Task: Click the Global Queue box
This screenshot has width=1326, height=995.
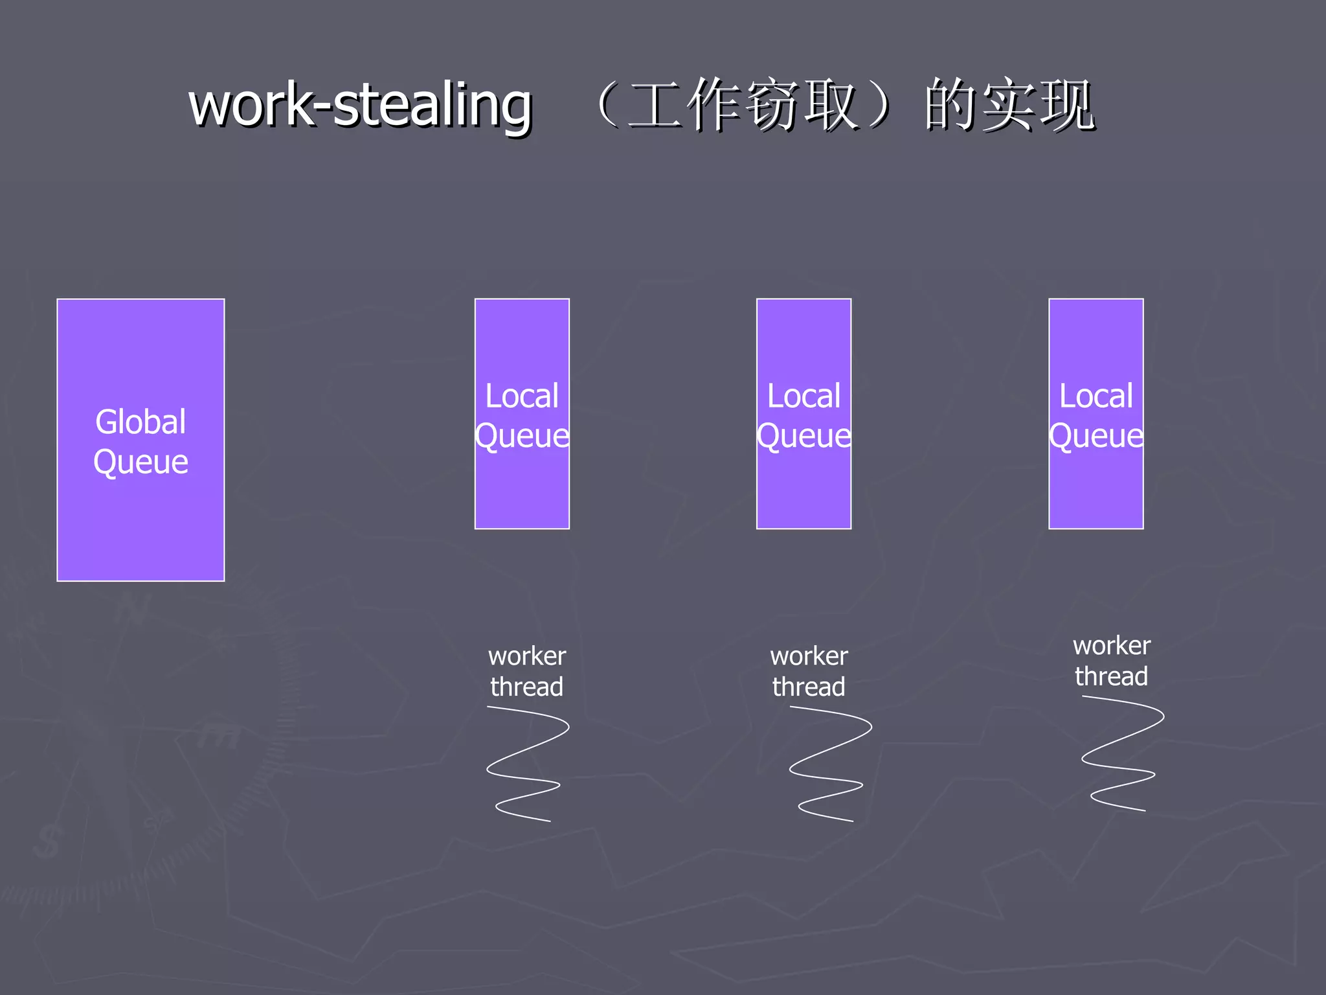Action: tap(140, 518)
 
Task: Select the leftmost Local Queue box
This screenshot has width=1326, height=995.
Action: tap(522, 486)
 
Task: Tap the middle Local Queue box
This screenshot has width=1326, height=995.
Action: tap(803, 486)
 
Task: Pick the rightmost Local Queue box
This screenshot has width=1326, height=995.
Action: tap(1096, 486)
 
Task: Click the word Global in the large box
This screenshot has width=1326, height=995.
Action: tap(140, 422)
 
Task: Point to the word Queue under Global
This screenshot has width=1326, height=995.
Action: tap(140, 463)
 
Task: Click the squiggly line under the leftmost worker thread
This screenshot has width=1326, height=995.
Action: tap(526, 764)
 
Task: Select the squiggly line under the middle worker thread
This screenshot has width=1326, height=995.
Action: tap(829, 764)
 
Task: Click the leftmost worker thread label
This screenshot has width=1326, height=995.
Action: tap(526, 671)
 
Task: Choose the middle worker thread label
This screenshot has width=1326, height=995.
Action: tap(809, 671)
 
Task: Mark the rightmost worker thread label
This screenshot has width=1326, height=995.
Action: tap(1112, 661)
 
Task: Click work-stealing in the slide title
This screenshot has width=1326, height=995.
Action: tap(360, 105)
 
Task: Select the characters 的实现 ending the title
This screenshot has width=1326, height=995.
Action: tap(1010, 105)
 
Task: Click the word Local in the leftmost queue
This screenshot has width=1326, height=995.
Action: tap(522, 396)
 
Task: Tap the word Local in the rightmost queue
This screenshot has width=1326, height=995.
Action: tap(1096, 396)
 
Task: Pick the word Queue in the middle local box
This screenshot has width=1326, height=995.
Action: tap(803, 436)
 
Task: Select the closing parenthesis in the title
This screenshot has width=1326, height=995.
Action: tap(883, 105)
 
